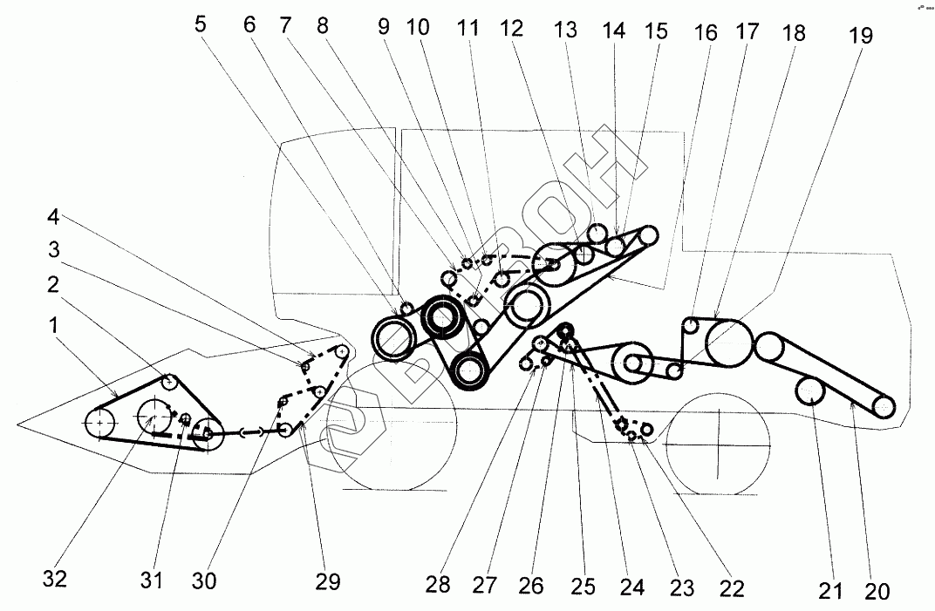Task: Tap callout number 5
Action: tap(201, 24)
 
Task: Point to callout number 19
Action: tap(861, 36)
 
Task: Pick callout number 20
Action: tap(877, 592)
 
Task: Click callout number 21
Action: tap(831, 592)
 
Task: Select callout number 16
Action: tap(706, 33)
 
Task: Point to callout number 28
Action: tap(439, 585)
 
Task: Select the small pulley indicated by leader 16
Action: tap(689, 325)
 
